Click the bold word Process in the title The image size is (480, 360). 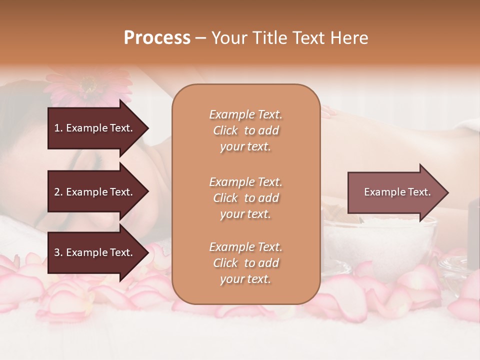click(x=157, y=37)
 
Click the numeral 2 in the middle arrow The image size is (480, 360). click(x=57, y=192)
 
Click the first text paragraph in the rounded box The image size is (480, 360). click(x=245, y=130)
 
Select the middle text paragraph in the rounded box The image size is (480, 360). click(x=245, y=198)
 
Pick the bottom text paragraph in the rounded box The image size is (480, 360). click(x=245, y=263)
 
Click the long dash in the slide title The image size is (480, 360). click(x=200, y=38)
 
